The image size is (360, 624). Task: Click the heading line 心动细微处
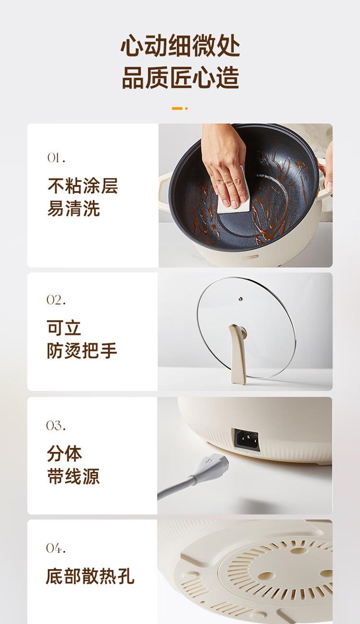click(180, 46)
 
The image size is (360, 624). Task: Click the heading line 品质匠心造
click(180, 77)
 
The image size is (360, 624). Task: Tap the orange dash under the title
click(177, 108)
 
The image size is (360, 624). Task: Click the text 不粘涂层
click(83, 186)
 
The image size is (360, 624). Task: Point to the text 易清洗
click(73, 208)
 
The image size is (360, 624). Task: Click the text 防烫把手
click(82, 350)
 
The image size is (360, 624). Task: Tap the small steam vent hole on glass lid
click(240, 299)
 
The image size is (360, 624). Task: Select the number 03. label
click(56, 425)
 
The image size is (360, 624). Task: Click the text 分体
click(64, 454)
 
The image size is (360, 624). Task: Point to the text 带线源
click(73, 476)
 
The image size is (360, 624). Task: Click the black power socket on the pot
click(245, 440)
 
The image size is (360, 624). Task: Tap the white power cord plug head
click(212, 466)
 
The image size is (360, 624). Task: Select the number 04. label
click(56, 548)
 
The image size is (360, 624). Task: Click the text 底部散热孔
click(90, 576)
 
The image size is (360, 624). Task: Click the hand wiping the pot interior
click(224, 164)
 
